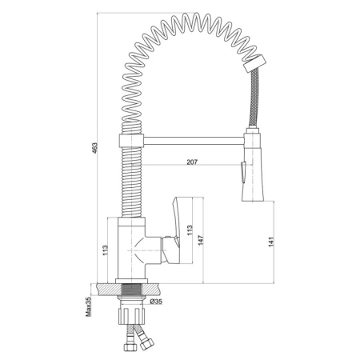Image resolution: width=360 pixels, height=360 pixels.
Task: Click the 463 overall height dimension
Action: coord(94,148)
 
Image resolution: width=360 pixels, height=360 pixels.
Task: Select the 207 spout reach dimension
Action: coord(192,162)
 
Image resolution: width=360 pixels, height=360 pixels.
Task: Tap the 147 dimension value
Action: coord(201,240)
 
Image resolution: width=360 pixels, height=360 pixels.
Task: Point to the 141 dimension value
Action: coord(271,242)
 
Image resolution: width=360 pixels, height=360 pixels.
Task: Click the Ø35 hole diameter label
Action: coord(156,302)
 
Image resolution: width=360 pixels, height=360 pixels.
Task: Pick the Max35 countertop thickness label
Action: coord(89,306)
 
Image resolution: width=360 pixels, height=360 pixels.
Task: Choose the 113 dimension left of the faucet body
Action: coord(105,250)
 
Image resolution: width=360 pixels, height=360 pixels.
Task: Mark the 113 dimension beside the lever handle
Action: coord(190,230)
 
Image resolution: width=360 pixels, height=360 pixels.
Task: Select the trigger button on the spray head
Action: coord(243,172)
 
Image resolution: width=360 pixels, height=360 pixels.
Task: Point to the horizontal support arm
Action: coord(194,141)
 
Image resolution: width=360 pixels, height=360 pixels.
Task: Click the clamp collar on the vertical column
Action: coord(130,140)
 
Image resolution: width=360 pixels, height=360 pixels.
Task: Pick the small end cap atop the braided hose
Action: coord(254,63)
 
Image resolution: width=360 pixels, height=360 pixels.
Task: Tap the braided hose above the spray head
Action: coord(254,98)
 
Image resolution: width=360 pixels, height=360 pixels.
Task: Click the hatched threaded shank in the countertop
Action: coord(131,289)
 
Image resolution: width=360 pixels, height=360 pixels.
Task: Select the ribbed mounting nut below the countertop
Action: coord(132,316)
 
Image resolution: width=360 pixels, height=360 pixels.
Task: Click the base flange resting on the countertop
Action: coord(131,281)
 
